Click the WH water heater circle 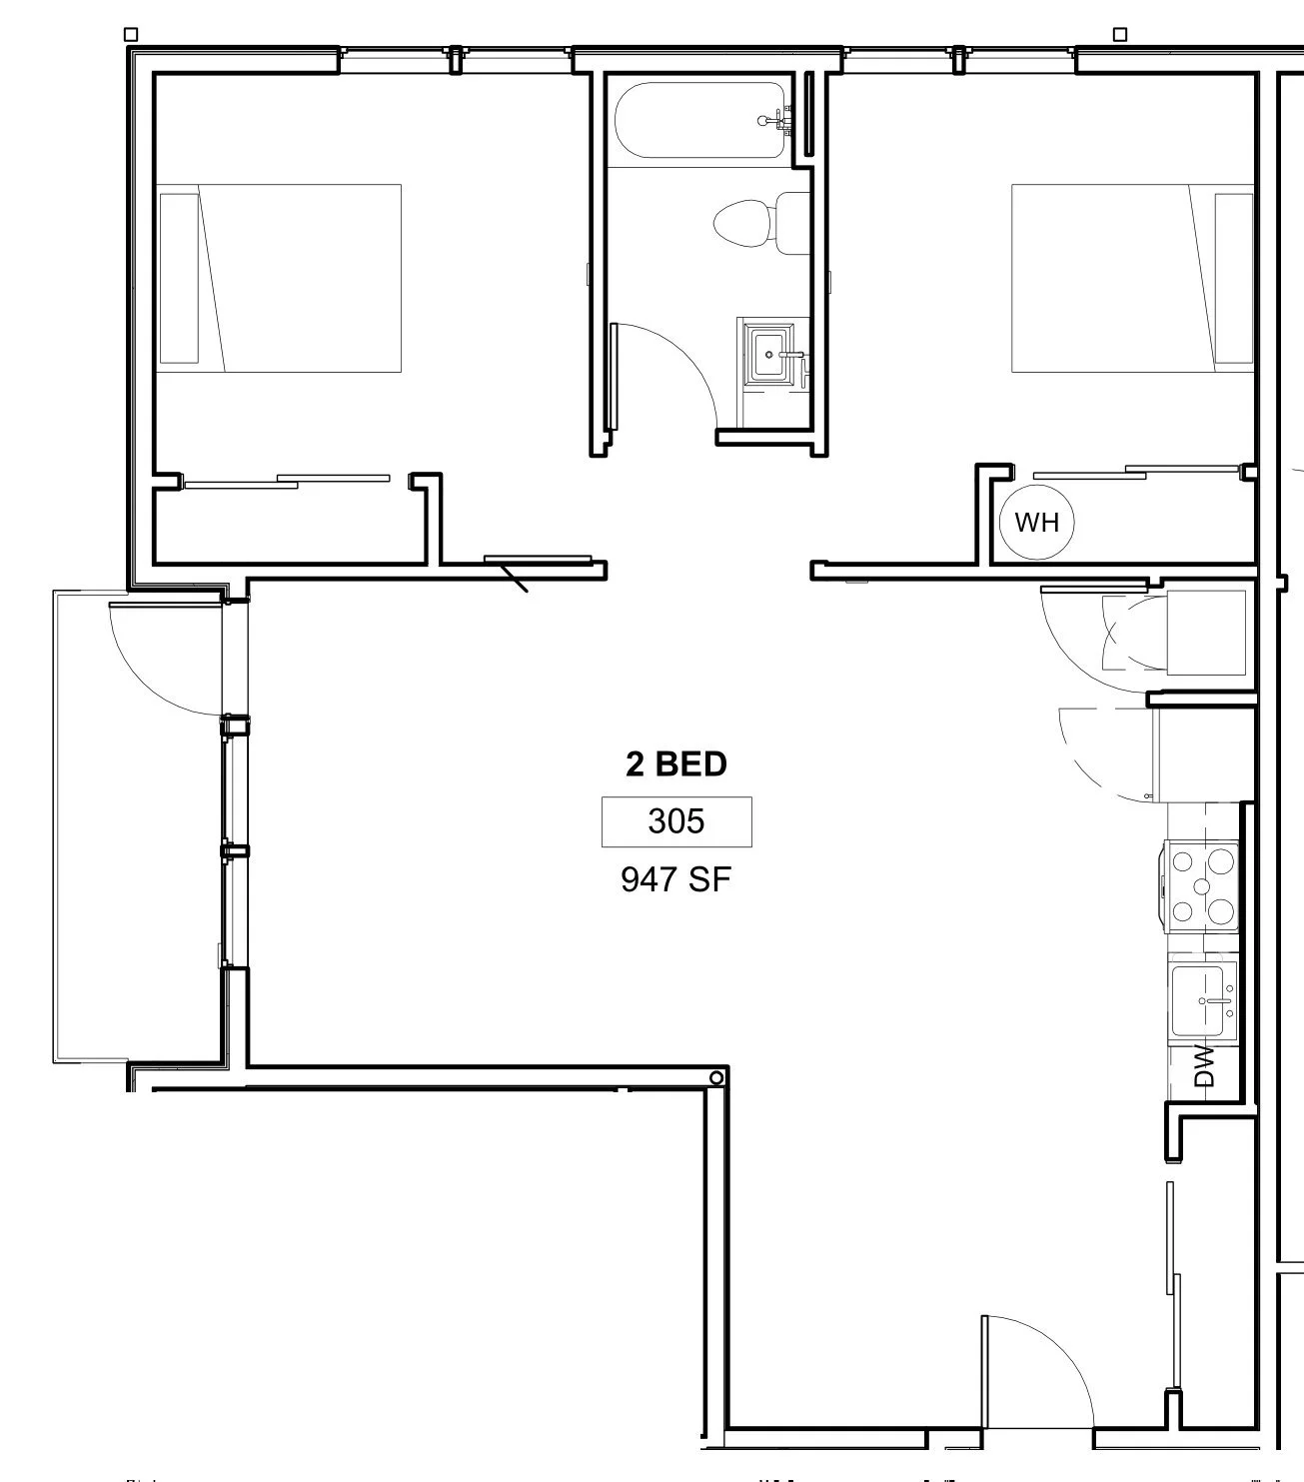point(1036,522)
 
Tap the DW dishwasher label point(1204,1065)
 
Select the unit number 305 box point(675,821)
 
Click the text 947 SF point(675,879)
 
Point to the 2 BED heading point(675,764)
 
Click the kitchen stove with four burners point(1202,885)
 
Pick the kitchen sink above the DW point(1203,999)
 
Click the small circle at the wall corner point(716,1077)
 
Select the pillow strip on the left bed point(179,278)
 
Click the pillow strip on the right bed point(1233,278)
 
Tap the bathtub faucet point(776,121)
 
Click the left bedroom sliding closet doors point(288,482)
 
